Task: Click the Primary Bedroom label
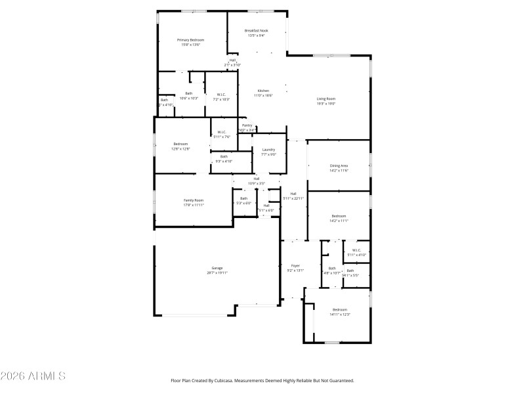click(x=190, y=40)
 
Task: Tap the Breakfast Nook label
click(x=256, y=31)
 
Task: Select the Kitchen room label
click(x=263, y=91)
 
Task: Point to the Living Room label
click(x=326, y=98)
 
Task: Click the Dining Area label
click(x=339, y=165)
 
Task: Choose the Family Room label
click(x=193, y=200)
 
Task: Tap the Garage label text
click(x=217, y=268)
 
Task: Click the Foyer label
click(x=295, y=265)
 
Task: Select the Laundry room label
click(x=268, y=150)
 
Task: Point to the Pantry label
click(x=247, y=125)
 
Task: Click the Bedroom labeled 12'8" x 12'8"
click(x=180, y=144)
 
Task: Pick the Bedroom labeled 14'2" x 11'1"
click(x=339, y=216)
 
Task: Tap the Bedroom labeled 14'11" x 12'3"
click(x=339, y=309)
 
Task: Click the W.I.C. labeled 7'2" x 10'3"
click(x=222, y=94)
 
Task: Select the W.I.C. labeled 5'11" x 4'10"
click(x=356, y=250)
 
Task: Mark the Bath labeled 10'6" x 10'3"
click(x=188, y=93)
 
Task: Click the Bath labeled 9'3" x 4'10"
click(x=224, y=156)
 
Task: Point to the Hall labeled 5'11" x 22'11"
click(x=293, y=193)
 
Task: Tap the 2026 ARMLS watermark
click(x=33, y=376)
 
